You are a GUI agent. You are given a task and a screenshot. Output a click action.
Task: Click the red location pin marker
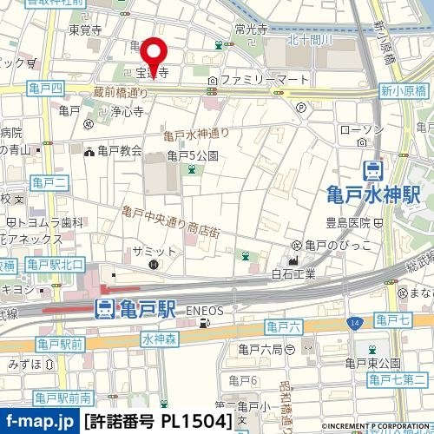tap(155, 56)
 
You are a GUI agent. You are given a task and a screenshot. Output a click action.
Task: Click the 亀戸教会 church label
tap(120, 151)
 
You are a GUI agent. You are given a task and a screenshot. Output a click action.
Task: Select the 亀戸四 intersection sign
tap(45, 89)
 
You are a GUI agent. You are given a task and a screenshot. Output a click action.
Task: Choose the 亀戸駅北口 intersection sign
tap(56, 264)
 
